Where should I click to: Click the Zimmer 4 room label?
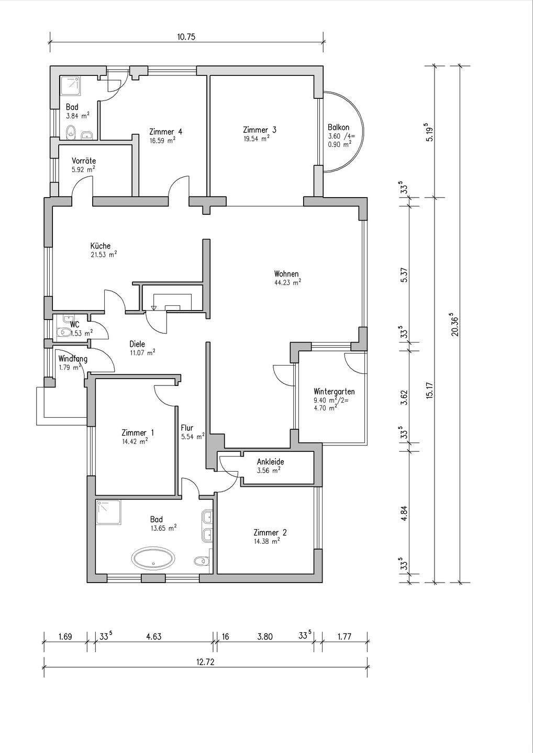(x=166, y=131)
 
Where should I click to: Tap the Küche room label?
(x=101, y=246)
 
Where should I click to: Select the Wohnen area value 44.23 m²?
(x=287, y=282)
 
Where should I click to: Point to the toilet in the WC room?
(x=63, y=333)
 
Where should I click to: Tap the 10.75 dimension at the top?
(x=186, y=37)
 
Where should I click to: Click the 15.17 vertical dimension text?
(x=429, y=390)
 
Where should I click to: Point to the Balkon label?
(x=339, y=128)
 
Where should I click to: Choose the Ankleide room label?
(x=270, y=462)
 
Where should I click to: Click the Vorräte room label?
(x=84, y=161)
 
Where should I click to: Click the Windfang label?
(x=73, y=359)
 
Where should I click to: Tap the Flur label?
(x=187, y=428)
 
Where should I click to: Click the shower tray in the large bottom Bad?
(x=109, y=512)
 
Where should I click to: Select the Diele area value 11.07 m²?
(x=142, y=352)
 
